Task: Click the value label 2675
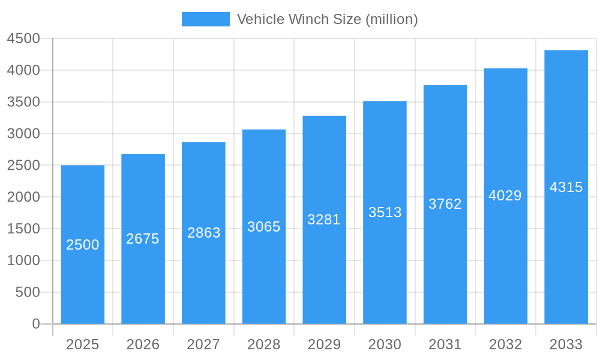tap(143, 239)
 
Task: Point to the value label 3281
tap(324, 220)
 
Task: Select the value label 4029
tap(505, 196)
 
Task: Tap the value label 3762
tap(445, 204)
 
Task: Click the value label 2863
tap(204, 233)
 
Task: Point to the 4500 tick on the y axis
tap(23, 39)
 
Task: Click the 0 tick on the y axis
tap(36, 324)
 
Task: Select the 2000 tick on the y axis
tap(23, 197)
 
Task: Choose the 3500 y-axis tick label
tap(23, 102)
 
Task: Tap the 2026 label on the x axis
tap(143, 344)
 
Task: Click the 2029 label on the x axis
tap(324, 344)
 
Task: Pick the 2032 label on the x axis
tap(505, 344)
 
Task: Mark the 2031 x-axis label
tap(445, 344)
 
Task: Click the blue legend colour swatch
tap(205, 19)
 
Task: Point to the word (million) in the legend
tap(392, 19)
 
